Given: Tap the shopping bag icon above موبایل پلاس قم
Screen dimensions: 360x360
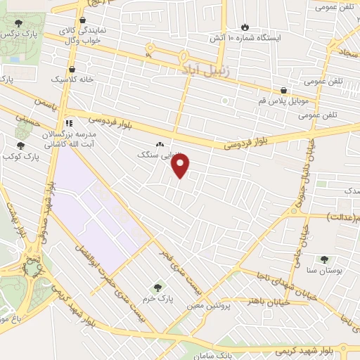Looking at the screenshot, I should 283,90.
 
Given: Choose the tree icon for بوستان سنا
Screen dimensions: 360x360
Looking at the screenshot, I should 325,259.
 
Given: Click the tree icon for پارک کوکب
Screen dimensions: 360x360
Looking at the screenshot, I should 19,146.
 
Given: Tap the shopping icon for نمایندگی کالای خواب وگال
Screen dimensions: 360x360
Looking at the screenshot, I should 83,22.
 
